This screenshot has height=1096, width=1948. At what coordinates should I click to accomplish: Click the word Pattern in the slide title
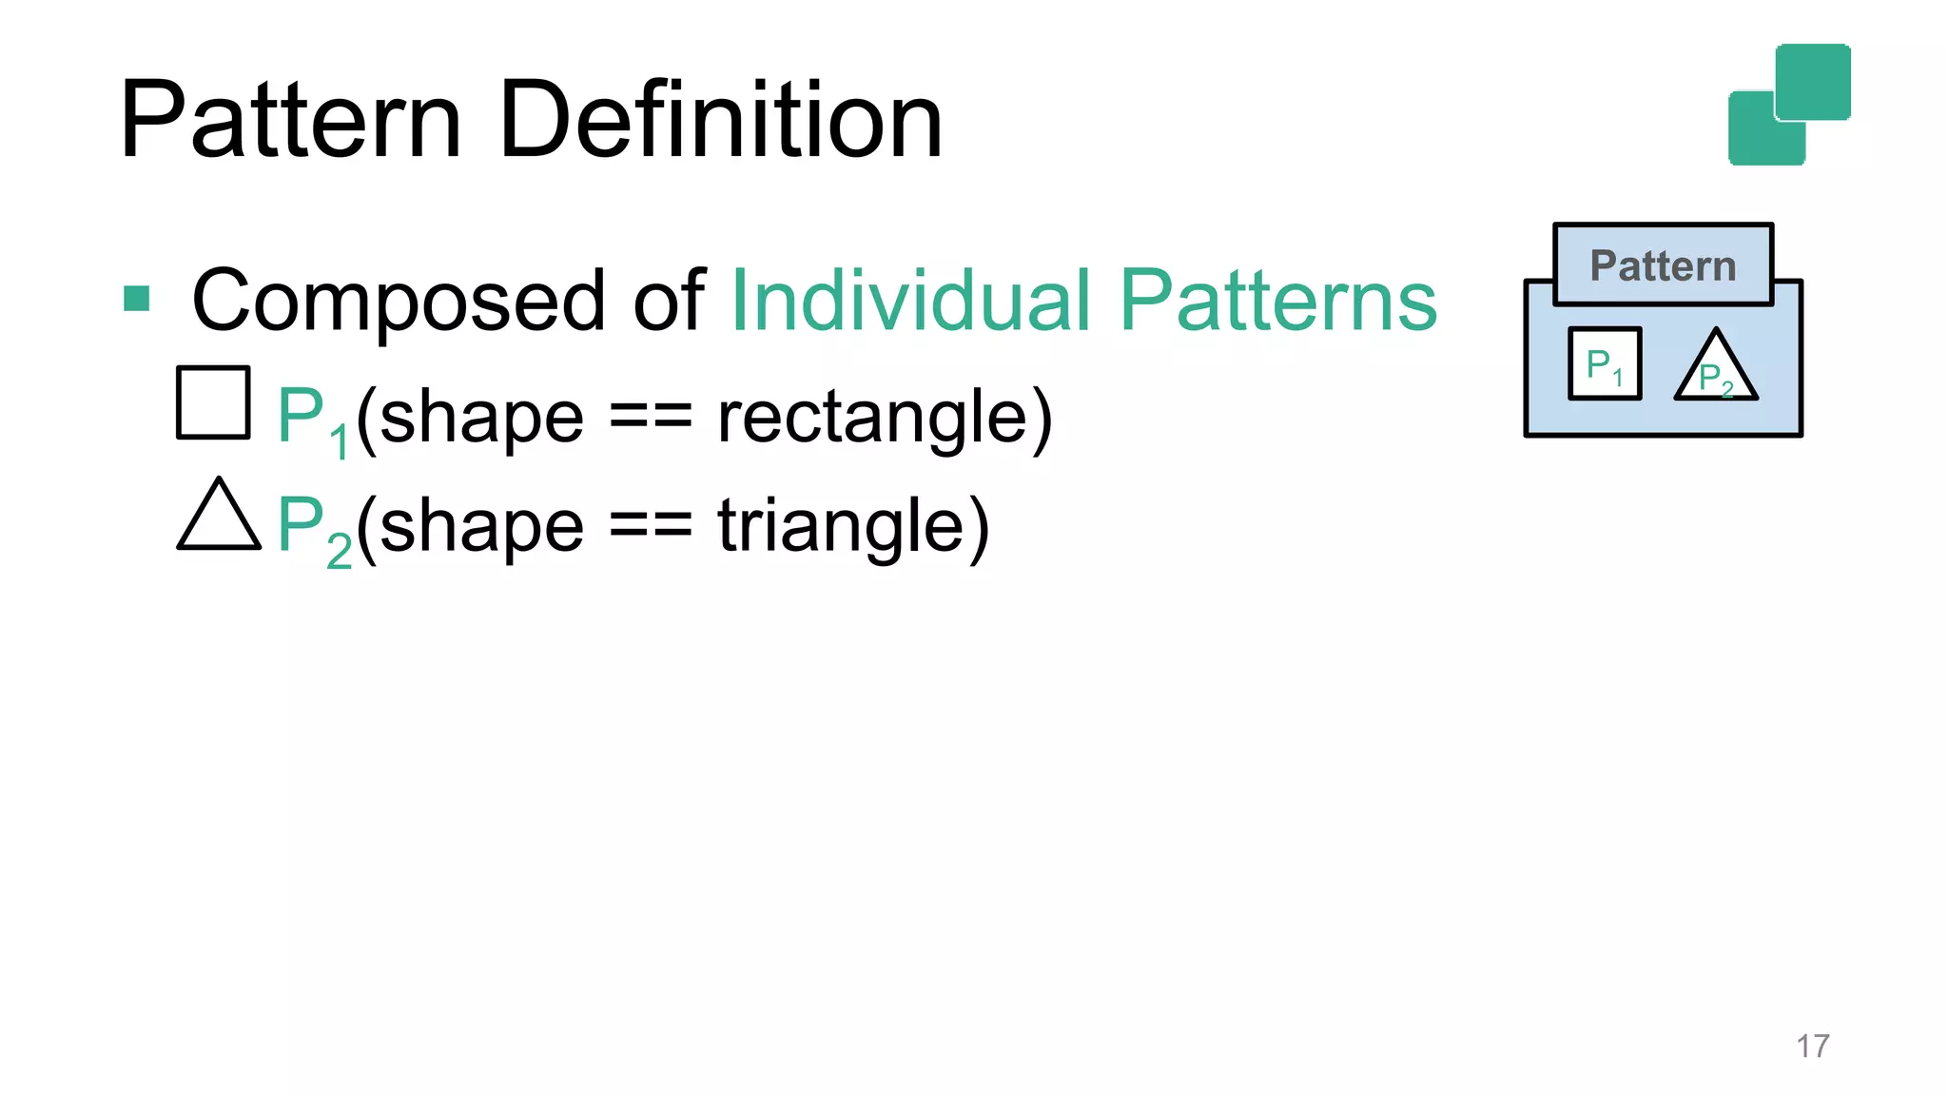pos(290,121)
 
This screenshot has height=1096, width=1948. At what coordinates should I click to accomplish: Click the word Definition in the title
pos(720,121)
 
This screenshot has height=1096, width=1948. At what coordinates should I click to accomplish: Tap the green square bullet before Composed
pos(137,299)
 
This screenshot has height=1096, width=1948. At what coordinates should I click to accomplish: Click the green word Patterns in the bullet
pos(1277,301)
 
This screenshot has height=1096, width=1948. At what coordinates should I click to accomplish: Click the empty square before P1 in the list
pos(213,402)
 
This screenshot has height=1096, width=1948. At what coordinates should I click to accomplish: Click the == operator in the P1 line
pos(651,419)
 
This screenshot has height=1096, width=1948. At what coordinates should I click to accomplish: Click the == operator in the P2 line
pos(651,527)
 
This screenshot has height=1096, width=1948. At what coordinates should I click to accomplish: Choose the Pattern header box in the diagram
pos(1663,264)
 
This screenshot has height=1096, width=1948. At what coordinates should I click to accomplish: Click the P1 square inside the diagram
pos(1605,363)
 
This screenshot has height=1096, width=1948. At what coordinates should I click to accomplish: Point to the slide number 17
pos(1812,1046)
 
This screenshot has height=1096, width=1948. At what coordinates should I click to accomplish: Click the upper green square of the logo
pos(1813,81)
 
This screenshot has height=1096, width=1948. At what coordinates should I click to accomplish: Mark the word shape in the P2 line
pos(481,527)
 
